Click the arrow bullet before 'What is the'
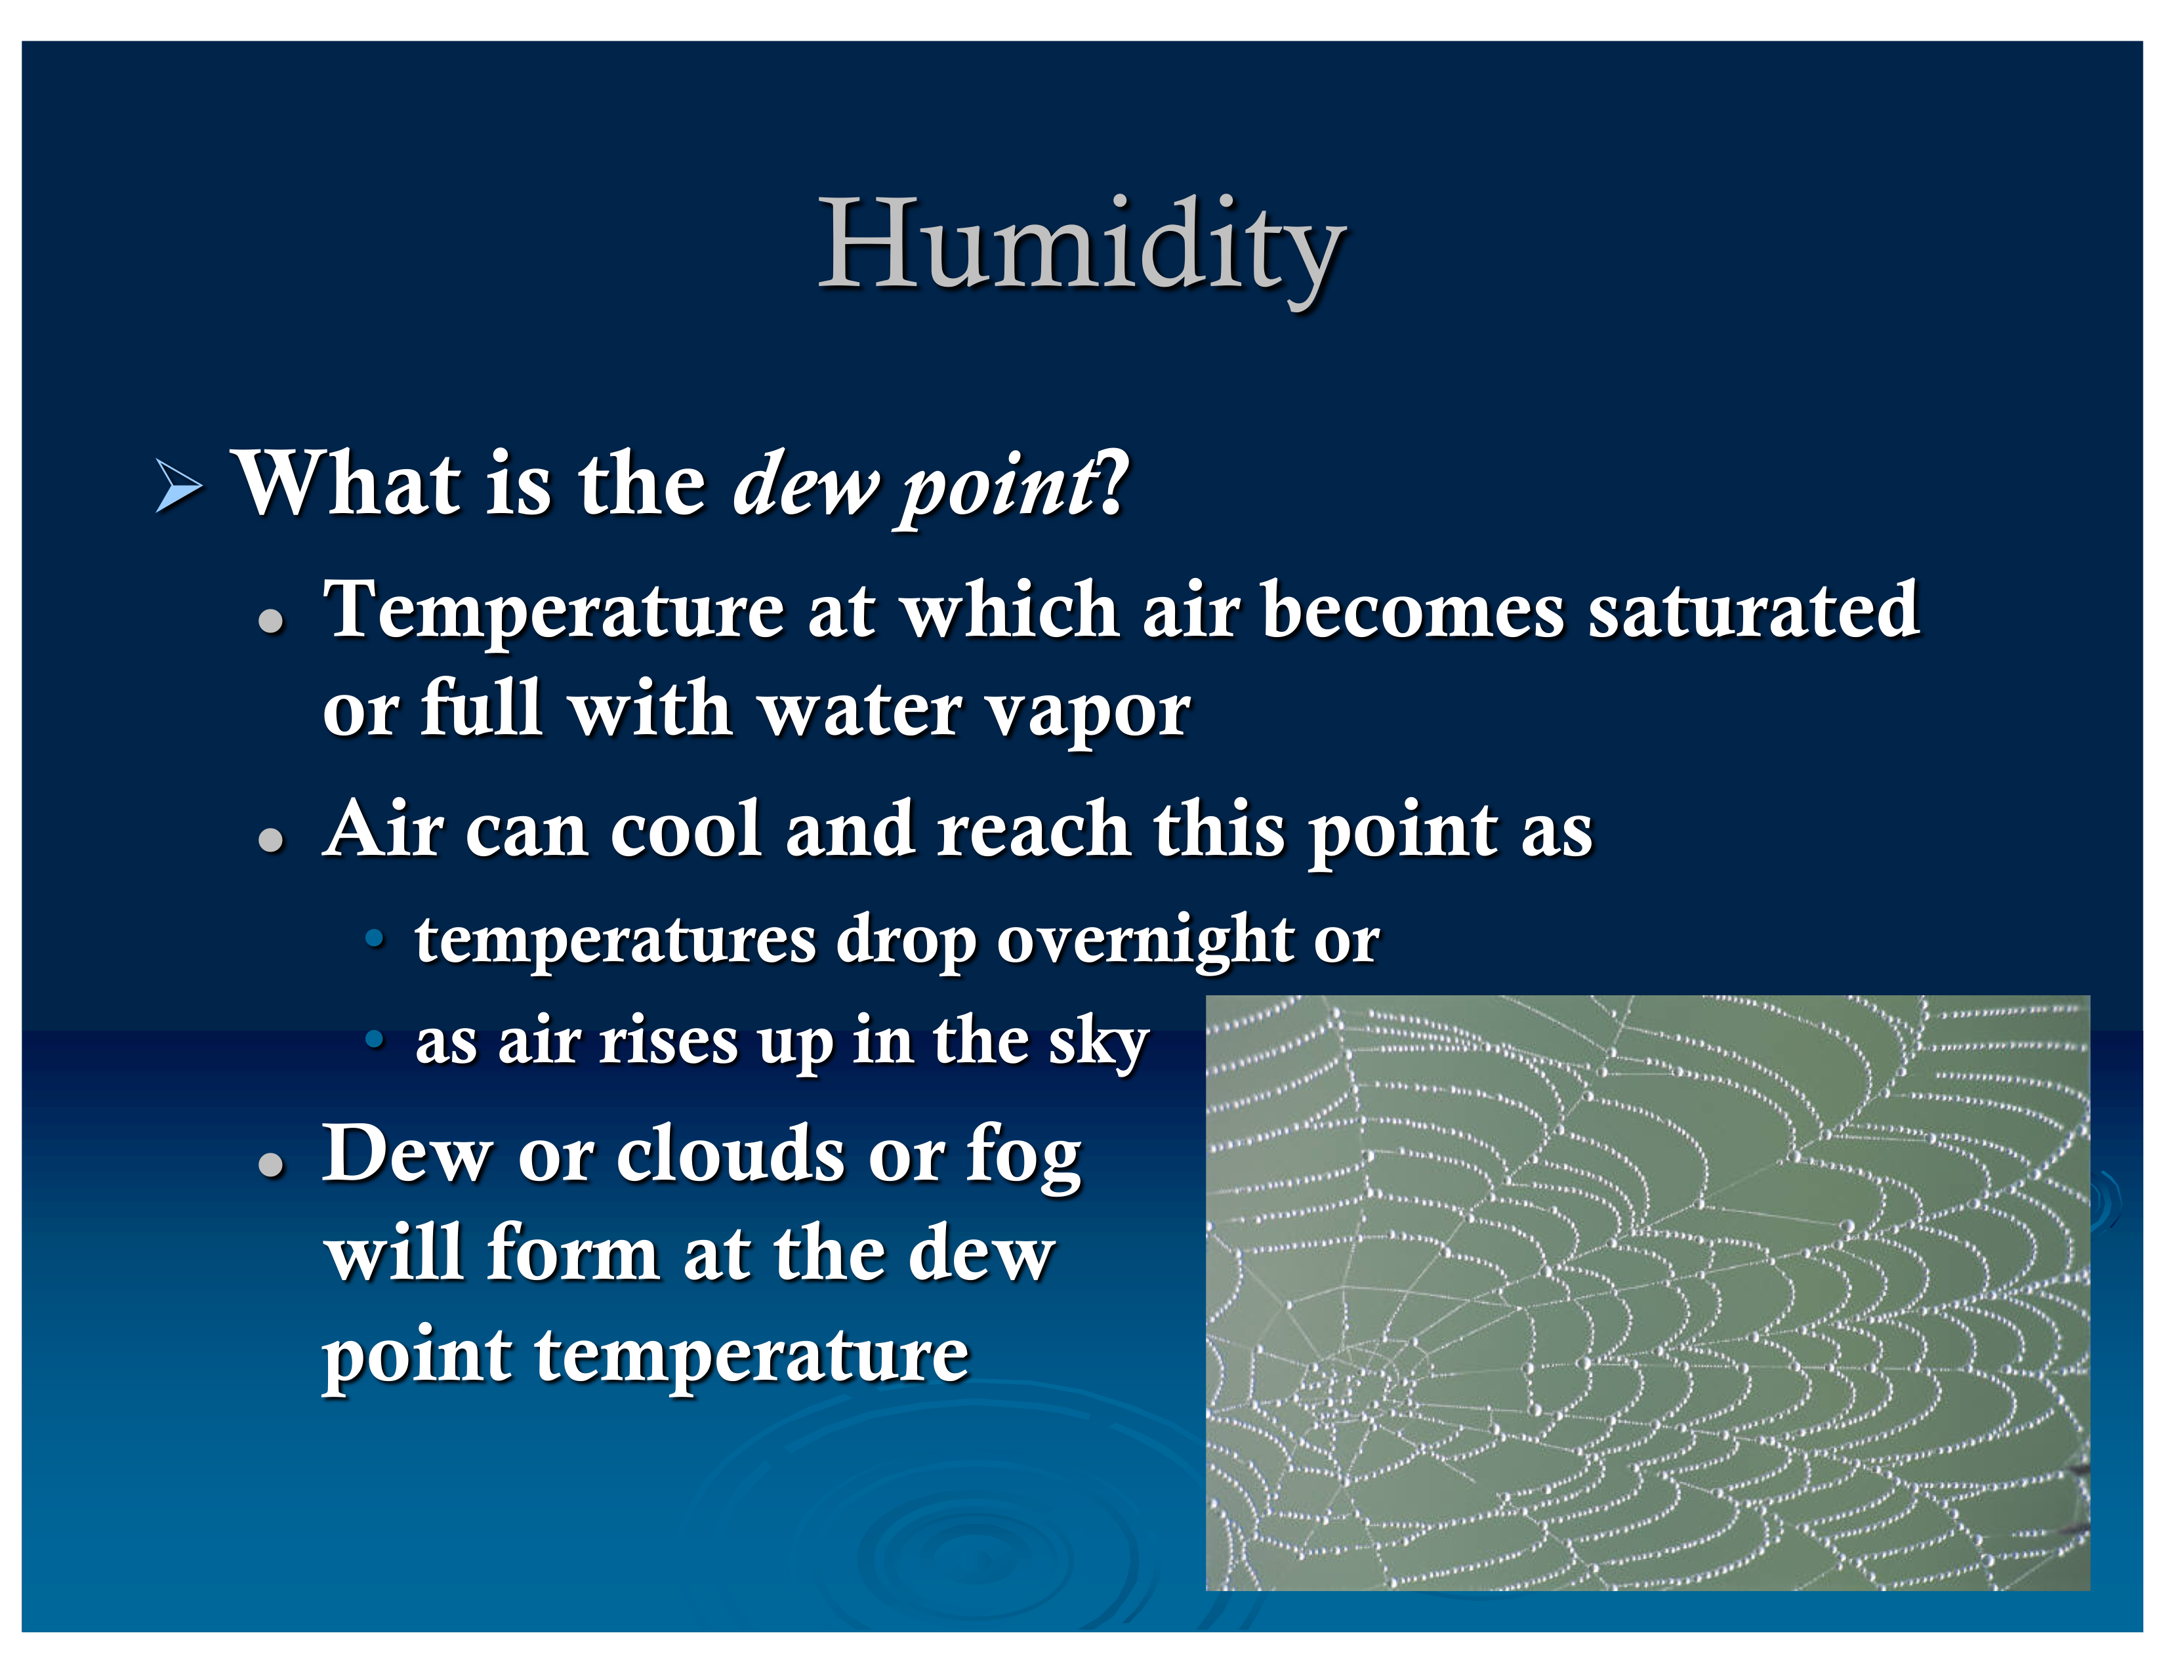click(179, 487)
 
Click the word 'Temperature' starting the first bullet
click(554, 611)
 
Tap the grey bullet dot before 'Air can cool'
click(270, 840)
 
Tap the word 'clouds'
click(731, 1153)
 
